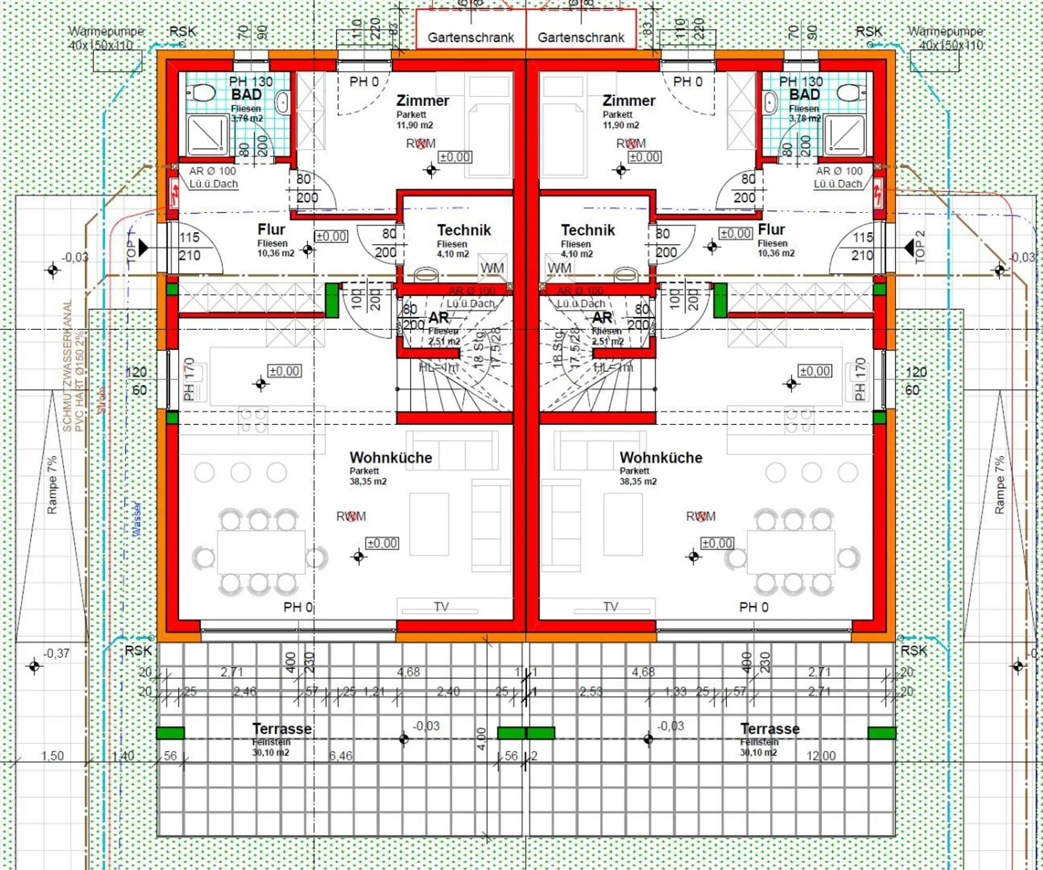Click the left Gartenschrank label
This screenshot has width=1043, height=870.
point(470,37)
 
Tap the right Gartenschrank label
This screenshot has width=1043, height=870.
point(581,37)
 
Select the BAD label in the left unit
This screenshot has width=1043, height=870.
point(246,95)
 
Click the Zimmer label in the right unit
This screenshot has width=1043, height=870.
point(629,101)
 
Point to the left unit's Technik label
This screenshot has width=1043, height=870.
point(464,230)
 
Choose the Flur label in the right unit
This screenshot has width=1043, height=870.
point(771,229)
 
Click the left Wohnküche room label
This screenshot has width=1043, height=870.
point(391,458)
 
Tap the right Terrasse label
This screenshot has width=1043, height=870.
point(770,729)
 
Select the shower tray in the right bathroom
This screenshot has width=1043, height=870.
point(844,134)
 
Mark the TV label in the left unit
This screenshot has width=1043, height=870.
point(441,606)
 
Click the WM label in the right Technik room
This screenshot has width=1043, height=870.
point(559,268)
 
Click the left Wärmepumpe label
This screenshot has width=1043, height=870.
point(106,32)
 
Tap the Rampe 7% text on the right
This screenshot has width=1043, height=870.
point(999,485)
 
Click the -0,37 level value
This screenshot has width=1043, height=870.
point(56,653)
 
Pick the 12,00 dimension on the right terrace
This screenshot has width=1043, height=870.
point(821,755)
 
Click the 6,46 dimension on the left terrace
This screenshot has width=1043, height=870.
point(341,755)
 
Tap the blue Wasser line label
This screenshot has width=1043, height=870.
point(137,520)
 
